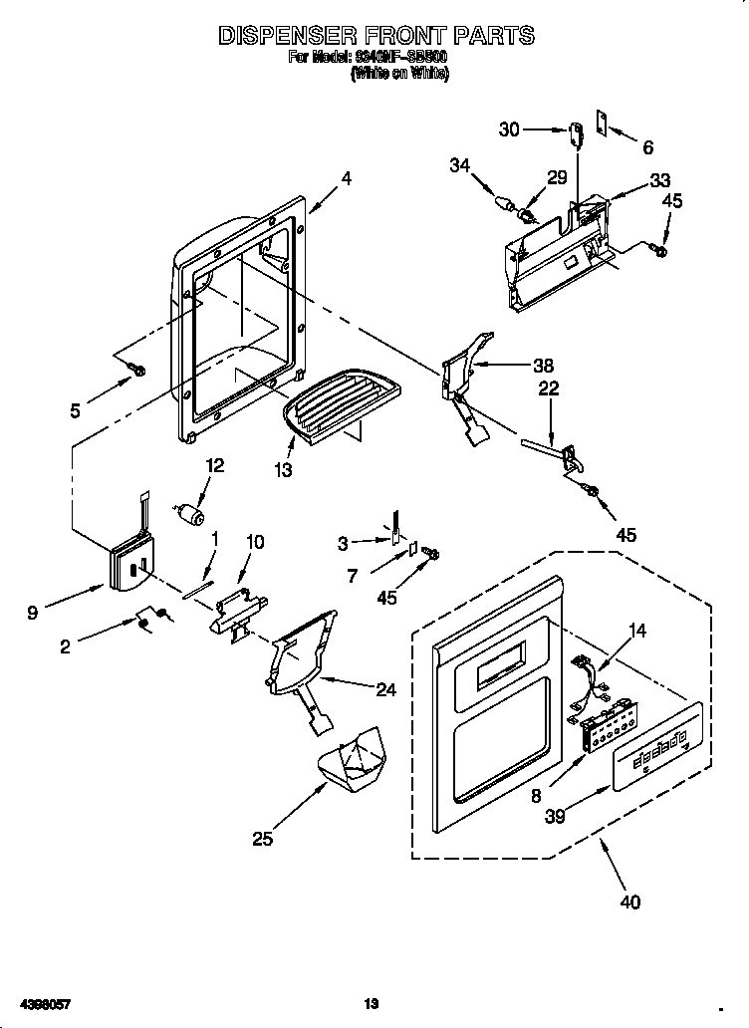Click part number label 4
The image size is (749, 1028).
[346, 179]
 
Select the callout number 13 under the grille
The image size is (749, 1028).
[285, 470]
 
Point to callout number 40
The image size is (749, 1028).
[629, 902]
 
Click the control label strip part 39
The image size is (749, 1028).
[657, 748]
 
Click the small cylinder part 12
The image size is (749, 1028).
[190, 513]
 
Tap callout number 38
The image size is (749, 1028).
[543, 365]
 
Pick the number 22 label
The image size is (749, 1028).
[549, 388]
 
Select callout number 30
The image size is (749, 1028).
[509, 129]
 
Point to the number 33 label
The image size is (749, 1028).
[660, 180]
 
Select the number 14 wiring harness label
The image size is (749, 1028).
[637, 630]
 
